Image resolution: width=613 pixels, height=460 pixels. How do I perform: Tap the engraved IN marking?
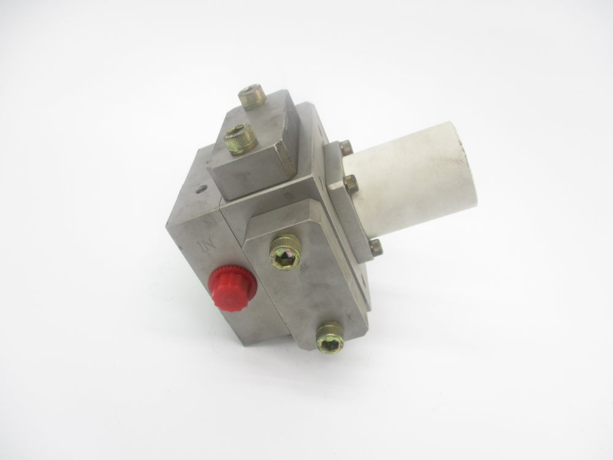(207, 247)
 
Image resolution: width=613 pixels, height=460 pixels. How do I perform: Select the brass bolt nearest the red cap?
(286, 251)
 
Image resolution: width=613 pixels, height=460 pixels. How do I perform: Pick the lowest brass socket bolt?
(330, 337)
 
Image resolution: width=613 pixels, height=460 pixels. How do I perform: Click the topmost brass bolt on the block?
(252, 96)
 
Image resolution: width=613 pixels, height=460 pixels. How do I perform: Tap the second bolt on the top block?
(240, 139)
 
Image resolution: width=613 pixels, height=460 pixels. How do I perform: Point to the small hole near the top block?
(201, 190)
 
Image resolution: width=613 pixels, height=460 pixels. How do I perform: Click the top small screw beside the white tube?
(346, 148)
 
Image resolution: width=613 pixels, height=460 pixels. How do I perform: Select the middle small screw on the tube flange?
(351, 183)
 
